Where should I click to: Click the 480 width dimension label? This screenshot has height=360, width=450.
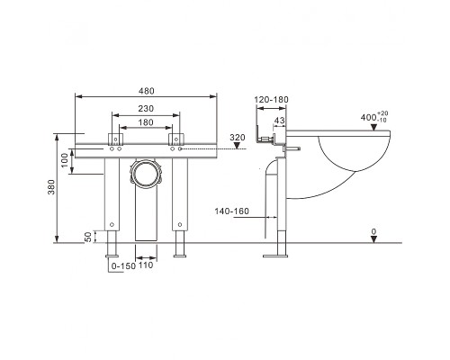(147, 89)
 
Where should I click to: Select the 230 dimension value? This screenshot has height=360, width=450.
(147, 108)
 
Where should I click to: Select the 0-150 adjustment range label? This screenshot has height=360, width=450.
(121, 266)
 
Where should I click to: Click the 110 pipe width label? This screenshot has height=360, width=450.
(147, 266)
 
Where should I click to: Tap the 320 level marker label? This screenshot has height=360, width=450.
(238, 138)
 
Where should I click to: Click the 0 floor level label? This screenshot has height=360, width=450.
(373, 231)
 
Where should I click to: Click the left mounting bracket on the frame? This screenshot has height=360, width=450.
(114, 139)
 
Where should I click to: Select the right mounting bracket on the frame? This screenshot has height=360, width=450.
(179, 139)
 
